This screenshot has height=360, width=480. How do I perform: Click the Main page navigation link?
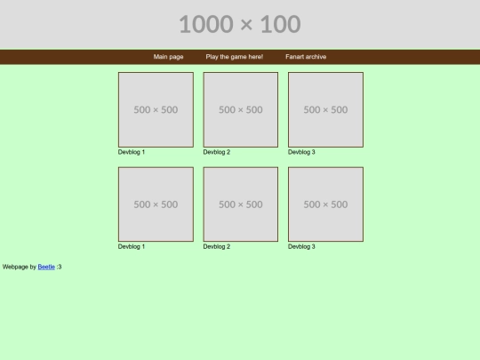click(x=168, y=57)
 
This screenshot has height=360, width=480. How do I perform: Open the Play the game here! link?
click(x=235, y=57)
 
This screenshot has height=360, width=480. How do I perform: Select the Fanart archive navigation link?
click(x=306, y=57)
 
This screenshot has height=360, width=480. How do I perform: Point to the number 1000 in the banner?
click(x=206, y=24)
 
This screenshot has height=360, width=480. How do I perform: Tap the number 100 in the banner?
click(x=280, y=24)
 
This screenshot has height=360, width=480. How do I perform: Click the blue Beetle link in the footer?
click(x=46, y=267)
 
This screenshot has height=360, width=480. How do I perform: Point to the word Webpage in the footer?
click(x=15, y=267)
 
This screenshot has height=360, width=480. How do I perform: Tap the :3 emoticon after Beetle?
click(x=59, y=267)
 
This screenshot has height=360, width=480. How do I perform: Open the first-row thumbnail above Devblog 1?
click(x=156, y=109)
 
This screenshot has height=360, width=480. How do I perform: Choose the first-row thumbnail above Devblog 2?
click(x=241, y=109)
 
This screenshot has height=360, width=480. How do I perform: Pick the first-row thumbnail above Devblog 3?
click(x=325, y=109)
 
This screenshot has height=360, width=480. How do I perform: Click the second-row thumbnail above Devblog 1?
click(x=156, y=204)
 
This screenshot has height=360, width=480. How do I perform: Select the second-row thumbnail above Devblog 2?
click(x=241, y=204)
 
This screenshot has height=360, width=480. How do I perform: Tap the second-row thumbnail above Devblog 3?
click(x=325, y=204)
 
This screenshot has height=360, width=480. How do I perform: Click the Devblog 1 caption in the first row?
click(x=132, y=152)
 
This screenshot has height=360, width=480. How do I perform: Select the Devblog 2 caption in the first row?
click(x=216, y=152)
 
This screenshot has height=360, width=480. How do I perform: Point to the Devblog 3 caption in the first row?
click(x=301, y=152)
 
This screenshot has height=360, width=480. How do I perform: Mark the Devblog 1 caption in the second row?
click(x=132, y=247)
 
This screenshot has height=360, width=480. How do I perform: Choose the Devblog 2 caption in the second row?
click(x=216, y=247)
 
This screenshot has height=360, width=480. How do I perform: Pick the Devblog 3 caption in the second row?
click(x=301, y=247)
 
